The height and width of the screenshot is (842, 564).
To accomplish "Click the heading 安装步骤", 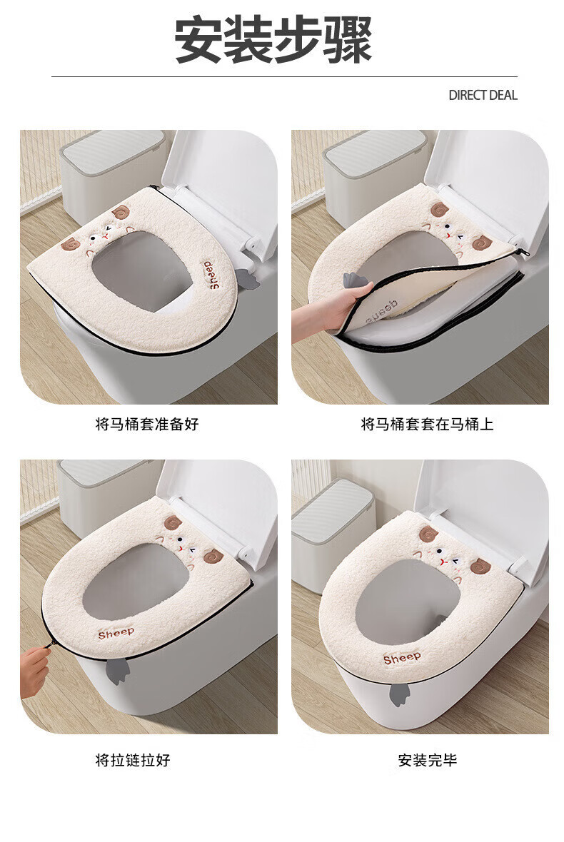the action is tap(273, 40).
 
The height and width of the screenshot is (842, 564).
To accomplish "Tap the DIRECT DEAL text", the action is tap(483, 96).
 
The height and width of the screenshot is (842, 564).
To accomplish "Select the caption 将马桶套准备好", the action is tap(147, 425).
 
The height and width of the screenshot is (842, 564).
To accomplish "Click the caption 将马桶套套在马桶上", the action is tap(427, 425).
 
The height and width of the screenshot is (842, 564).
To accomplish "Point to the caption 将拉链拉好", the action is tap(133, 760).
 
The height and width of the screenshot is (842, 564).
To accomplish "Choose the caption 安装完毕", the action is tap(428, 760).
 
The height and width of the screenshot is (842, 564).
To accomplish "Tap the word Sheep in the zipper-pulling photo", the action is tap(116, 633).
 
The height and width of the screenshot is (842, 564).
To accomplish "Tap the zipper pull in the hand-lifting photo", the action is tap(518, 252).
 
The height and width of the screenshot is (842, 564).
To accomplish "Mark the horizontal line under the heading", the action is tap(285, 77).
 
